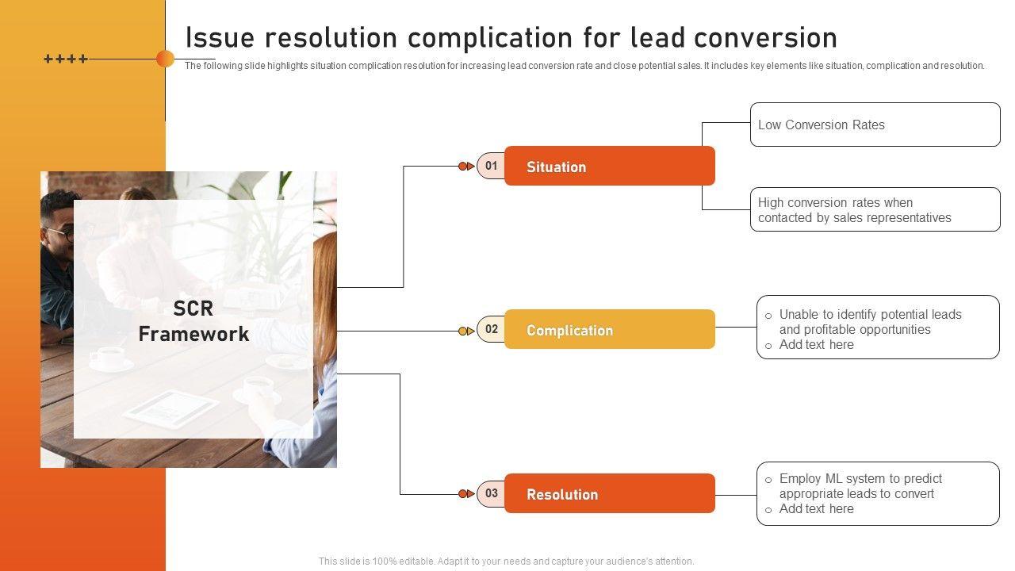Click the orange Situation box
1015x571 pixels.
(x=609, y=167)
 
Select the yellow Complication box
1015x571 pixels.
(x=609, y=330)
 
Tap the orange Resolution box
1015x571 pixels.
(x=609, y=493)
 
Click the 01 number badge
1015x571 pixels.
(x=492, y=166)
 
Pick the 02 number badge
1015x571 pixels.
(x=492, y=329)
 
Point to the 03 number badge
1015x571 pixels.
(x=492, y=493)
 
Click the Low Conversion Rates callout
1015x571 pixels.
(x=875, y=125)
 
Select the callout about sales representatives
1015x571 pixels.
(x=875, y=210)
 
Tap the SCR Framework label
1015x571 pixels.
(x=193, y=321)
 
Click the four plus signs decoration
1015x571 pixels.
(x=65, y=59)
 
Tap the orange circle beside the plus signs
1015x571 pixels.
(x=165, y=59)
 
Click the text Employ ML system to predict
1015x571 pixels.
(x=860, y=478)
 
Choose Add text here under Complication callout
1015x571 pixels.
(x=816, y=345)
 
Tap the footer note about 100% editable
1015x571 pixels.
(x=506, y=561)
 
